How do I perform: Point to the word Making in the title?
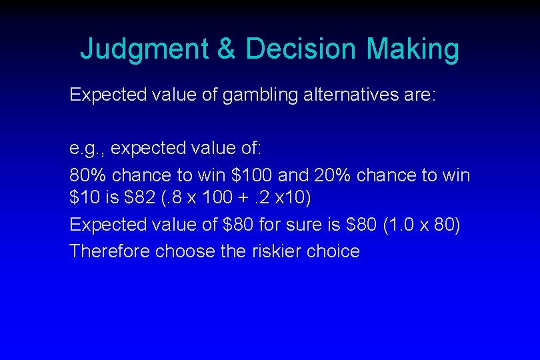[x=413, y=49]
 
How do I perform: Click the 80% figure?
[x=88, y=176]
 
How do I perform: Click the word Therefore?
[x=109, y=251]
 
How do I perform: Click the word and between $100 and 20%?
[x=293, y=176]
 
